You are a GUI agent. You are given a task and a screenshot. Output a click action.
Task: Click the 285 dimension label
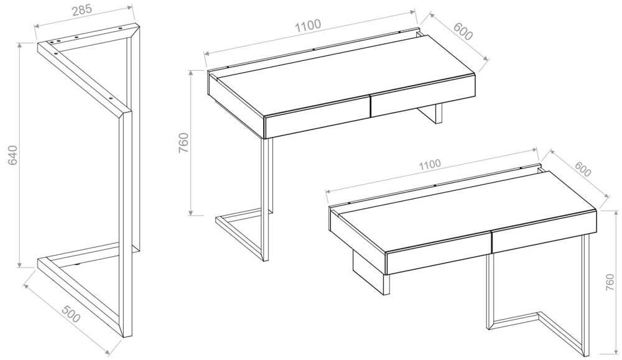[81, 10]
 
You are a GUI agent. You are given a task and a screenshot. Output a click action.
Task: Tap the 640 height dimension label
[12, 155]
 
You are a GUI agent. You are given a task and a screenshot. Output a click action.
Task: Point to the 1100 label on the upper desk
[308, 25]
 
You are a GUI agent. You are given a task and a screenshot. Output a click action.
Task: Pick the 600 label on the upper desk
[463, 32]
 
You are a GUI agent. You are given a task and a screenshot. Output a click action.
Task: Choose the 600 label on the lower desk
[582, 169]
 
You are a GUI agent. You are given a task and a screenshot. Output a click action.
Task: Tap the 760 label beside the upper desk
[183, 143]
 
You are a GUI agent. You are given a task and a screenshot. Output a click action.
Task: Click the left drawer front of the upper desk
[317, 118]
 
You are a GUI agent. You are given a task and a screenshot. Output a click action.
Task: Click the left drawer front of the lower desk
[439, 252]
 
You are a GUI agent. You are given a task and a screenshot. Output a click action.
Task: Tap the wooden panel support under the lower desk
[371, 274]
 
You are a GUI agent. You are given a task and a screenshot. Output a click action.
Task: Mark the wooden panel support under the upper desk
[430, 113]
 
